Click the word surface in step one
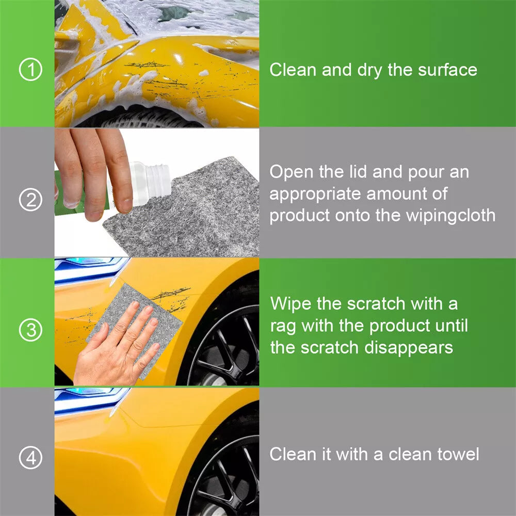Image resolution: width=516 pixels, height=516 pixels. point(447,70)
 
